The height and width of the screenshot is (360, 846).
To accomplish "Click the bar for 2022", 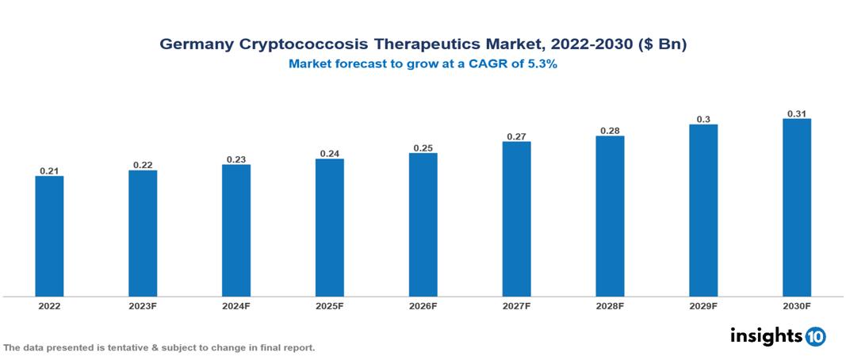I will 49,236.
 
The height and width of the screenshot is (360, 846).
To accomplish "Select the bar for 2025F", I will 329,228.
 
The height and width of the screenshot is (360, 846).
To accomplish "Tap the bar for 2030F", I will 796,208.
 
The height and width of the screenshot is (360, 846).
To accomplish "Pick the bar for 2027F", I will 516,219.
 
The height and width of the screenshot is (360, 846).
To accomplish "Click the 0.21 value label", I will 49,170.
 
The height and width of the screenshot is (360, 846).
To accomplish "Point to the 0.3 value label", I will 703,119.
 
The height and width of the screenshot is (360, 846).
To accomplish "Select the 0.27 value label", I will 516,136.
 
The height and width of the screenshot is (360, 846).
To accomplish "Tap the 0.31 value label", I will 796,113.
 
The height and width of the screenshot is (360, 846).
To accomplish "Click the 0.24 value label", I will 329,153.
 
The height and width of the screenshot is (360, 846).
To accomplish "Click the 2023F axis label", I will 143,305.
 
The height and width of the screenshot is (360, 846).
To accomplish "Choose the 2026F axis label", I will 423,305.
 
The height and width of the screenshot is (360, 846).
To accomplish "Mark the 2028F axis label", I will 610,305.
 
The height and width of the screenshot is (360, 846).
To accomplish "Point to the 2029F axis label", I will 703,305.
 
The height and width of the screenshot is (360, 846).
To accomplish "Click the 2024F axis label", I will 235,305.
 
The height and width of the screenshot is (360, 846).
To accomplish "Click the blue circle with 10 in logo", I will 815,337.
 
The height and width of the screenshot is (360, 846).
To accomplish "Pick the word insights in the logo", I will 766,336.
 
